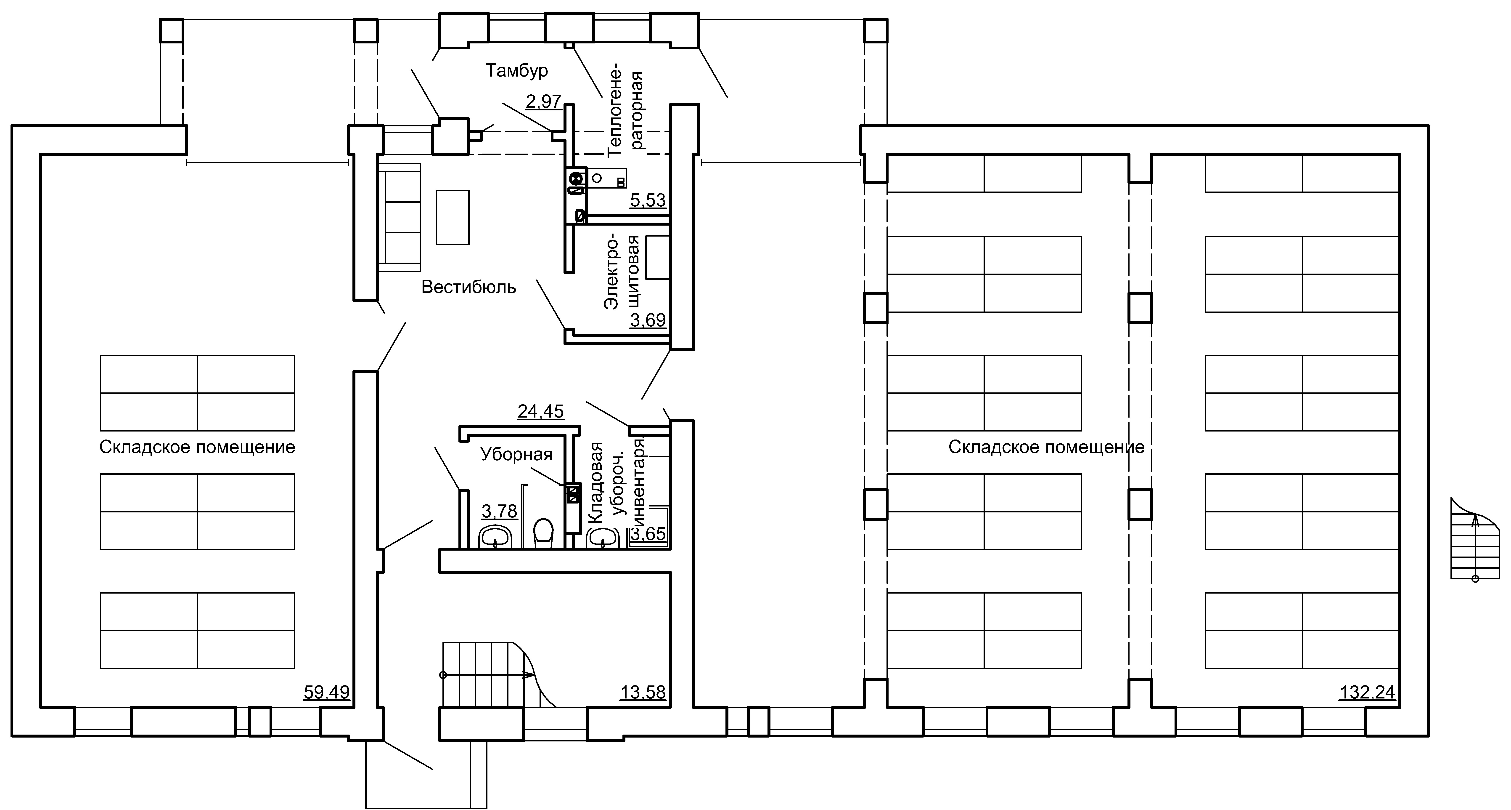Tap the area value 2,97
pyautogui.click(x=544, y=101)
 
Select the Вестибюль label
pyautogui.click(x=469, y=287)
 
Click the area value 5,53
pyautogui.click(x=648, y=200)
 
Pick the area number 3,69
pyautogui.click(x=648, y=320)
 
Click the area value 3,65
pyautogui.click(x=648, y=533)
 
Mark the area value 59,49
pyautogui.click(x=327, y=693)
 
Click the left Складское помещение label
pyautogui.click(x=197, y=447)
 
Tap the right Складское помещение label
pyautogui.click(x=1046, y=447)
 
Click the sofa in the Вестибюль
pyautogui.click(x=400, y=217)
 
